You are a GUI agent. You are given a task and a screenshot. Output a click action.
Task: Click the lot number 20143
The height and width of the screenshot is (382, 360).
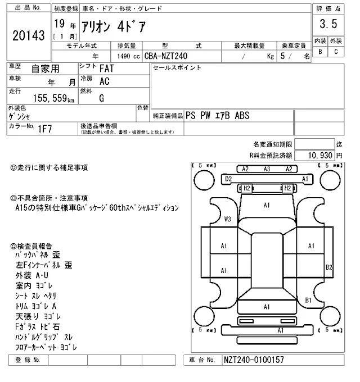[28, 36]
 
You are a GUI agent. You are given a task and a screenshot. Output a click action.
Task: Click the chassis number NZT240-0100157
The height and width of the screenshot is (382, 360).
[253, 360]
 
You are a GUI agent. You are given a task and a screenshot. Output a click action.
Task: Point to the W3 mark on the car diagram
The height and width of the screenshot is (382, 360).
[228, 219]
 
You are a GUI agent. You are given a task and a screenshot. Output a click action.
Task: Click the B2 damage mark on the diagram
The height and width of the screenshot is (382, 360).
[330, 266]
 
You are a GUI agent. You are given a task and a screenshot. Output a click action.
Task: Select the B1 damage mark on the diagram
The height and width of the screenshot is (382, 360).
[308, 301]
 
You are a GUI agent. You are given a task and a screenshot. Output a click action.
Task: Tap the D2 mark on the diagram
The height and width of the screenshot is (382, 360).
[228, 179]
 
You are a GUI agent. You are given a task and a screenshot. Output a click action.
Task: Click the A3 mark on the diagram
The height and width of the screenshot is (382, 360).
[267, 169]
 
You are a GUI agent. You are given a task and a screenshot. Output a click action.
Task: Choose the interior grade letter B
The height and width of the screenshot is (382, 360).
[320, 52]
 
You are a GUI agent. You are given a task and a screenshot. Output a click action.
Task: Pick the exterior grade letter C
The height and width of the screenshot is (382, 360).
[336, 52]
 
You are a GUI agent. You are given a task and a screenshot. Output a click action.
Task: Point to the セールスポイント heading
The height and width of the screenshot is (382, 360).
[177, 67]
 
